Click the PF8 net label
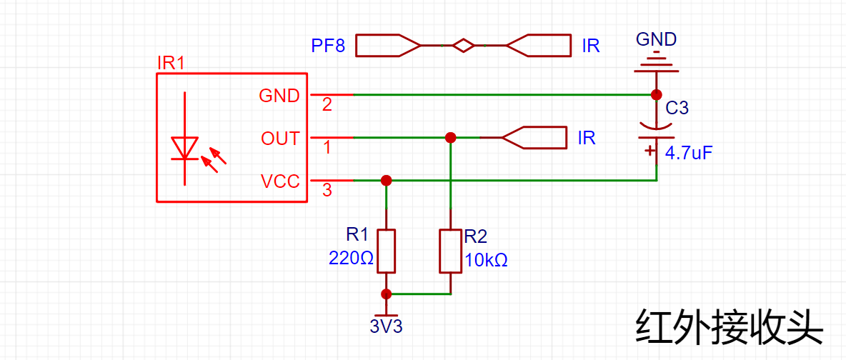pos(328,45)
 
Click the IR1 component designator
pos(171,63)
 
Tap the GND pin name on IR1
pos(279,96)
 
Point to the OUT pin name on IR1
pos(280,139)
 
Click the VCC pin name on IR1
pos(280,182)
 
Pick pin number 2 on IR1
pos(327,105)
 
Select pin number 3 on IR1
pos(327,189)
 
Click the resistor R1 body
pos(387,251)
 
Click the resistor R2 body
pos(451,251)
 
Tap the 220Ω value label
pos(352,259)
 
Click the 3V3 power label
pos(387,326)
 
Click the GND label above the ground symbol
pos(656,39)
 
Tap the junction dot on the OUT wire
pos(451,138)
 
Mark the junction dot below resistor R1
pos(387,294)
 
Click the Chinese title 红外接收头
pos(730,328)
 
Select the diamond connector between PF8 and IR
pos(464,46)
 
